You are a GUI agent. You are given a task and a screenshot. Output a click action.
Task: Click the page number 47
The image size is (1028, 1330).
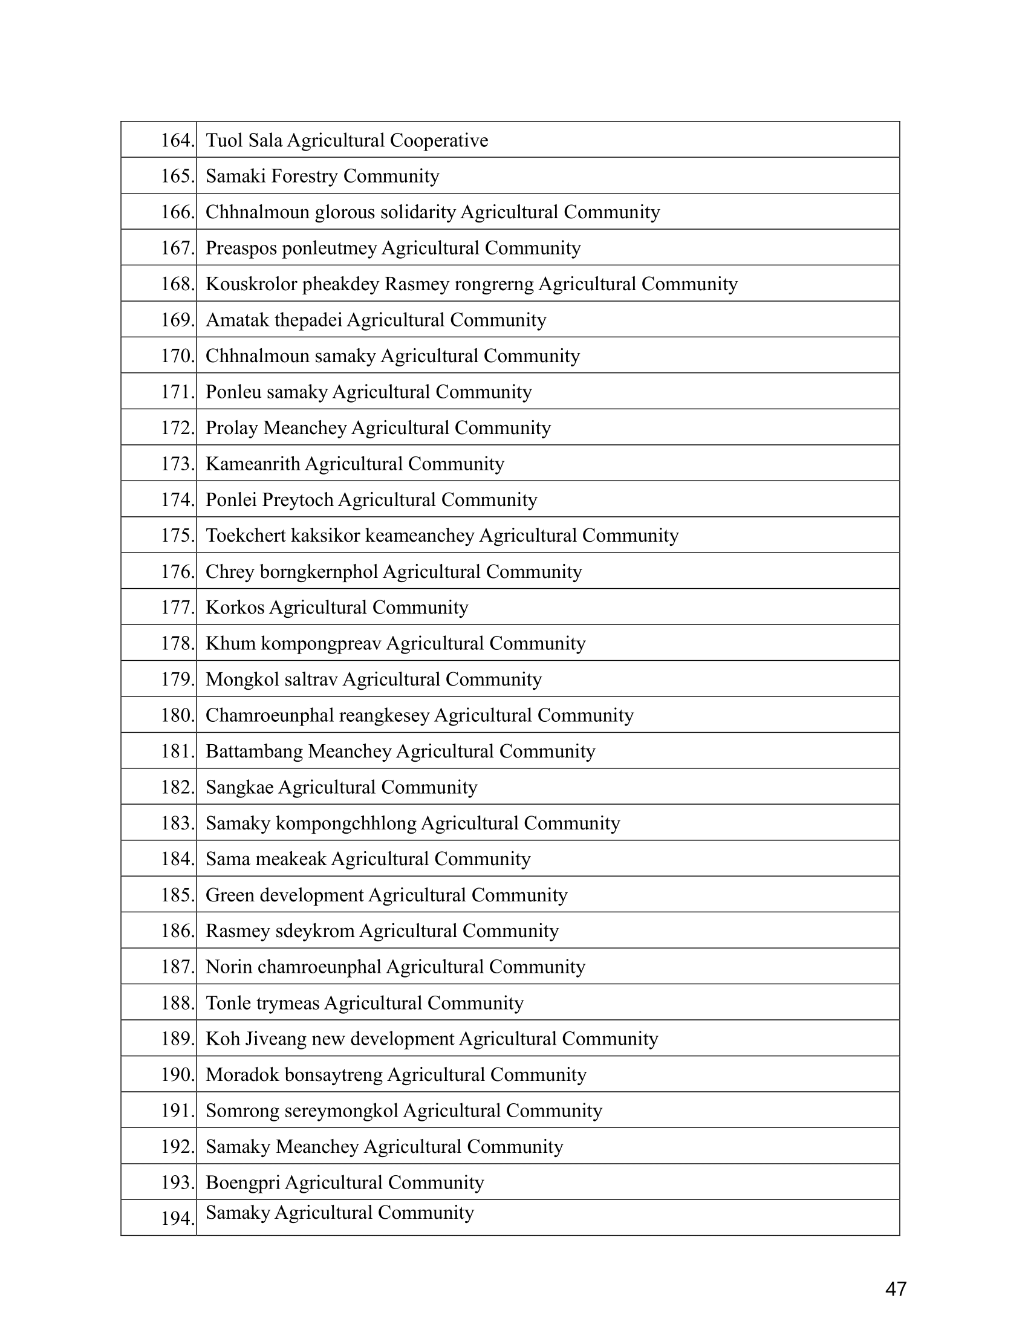click(896, 1289)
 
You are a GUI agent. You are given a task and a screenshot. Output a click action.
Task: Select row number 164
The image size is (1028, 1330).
click(177, 141)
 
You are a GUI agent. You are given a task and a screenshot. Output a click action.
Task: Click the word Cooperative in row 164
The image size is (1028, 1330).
click(438, 141)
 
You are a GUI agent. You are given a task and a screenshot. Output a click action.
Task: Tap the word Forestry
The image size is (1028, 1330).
click(305, 176)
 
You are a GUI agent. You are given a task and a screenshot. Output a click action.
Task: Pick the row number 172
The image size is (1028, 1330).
click(177, 428)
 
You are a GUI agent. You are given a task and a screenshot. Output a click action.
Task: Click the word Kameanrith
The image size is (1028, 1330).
click(253, 464)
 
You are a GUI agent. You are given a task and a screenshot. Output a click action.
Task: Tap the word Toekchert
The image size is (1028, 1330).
click(246, 536)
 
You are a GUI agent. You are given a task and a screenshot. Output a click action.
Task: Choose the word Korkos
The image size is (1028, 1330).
click(235, 608)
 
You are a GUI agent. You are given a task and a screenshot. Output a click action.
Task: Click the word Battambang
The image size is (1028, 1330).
click(254, 751)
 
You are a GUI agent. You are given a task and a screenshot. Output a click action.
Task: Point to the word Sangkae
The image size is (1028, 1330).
click(239, 787)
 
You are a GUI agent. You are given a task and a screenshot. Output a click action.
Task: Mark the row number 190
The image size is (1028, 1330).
click(177, 1075)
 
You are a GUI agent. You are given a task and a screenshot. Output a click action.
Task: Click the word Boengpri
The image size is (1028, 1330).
click(243, 1182)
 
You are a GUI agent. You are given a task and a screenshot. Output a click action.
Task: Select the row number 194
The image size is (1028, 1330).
click(177, 1219)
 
